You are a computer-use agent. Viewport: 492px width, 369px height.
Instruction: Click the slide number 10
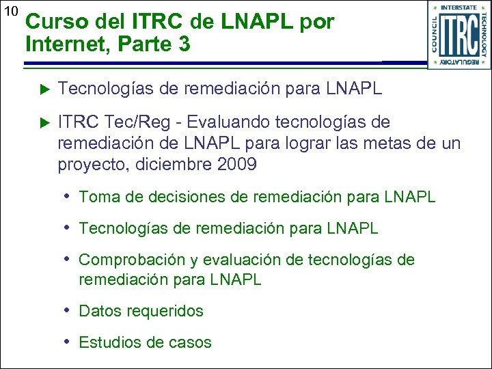tap(10, 12)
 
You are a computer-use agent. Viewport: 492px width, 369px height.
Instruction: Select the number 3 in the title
tap(183, 46)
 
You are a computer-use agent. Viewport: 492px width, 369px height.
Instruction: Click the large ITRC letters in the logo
tap(459, 35)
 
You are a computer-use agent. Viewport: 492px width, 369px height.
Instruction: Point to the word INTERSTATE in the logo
tap(459, 8)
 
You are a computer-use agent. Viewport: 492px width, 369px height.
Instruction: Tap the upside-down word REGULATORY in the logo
tap(459, 62)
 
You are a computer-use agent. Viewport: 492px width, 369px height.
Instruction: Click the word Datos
tap(100, 312)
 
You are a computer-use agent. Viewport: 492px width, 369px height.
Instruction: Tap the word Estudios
tap(107, 342)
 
